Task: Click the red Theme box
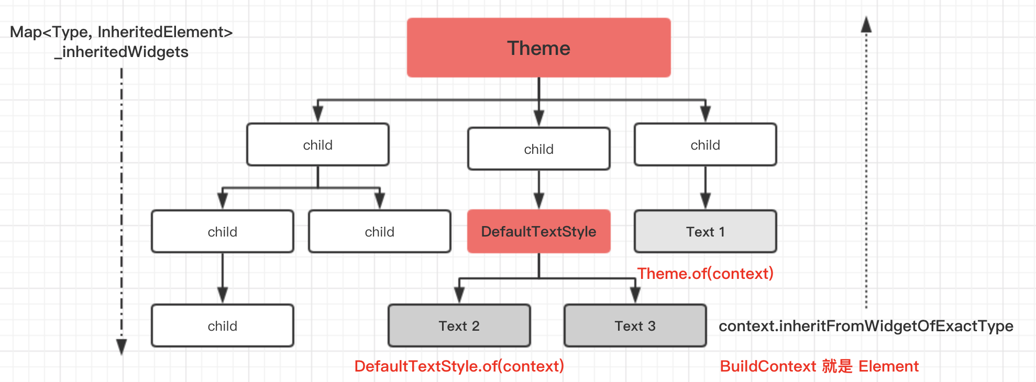pos(538,48)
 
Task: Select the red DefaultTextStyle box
pos(538,231)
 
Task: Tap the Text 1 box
pos(705,231)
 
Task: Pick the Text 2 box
pos(459,325)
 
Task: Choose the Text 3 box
pos(635,325)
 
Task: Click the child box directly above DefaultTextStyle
pos(538,149)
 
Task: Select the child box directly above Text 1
pos(705,144)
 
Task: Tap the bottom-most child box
pos(222,325)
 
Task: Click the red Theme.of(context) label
pos(705,273)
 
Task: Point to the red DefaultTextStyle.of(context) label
pos(459,366)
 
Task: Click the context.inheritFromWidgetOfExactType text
pos(866,326)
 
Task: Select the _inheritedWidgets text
pos(121,52)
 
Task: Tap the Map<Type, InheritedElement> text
pos(121,32)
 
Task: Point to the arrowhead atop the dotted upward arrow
pos(866,24)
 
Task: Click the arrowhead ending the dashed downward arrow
pos(122,347)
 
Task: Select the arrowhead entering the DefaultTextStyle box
pos(538,201)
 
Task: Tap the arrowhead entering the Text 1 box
pos(705,201)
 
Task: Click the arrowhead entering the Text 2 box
pos(459,295)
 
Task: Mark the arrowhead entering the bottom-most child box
pos(222,295)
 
